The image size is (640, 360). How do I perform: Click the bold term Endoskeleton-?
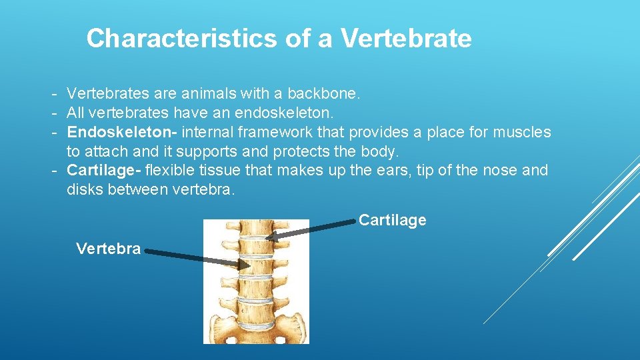tap(122, 132)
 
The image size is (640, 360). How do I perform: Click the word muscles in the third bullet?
tap(522, 132)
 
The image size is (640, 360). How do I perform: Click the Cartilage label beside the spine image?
tap(392, 220)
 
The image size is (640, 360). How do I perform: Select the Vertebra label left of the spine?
tap(108, 249)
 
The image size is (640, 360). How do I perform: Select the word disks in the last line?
tap(84, 189)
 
